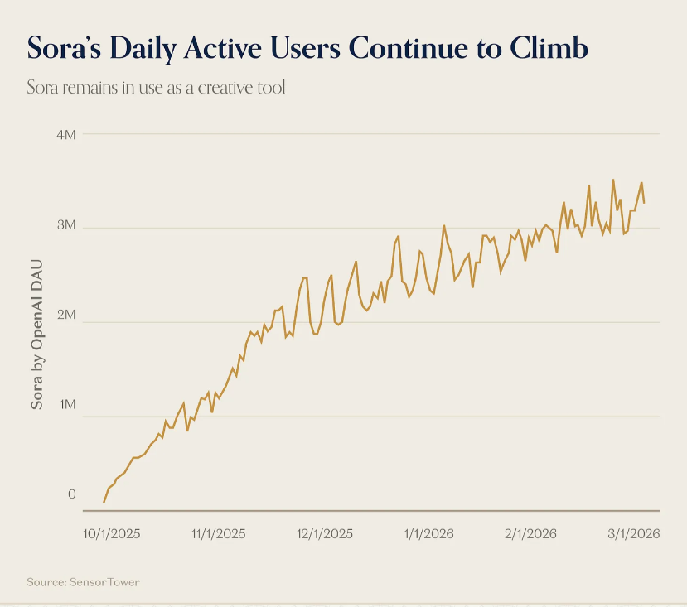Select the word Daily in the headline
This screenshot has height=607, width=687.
coord(152,47)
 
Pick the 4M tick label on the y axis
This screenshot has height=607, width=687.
coord(66,133)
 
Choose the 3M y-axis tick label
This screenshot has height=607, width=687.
coord(66,225)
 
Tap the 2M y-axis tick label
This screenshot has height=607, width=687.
coord(66,316)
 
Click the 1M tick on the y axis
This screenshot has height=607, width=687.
coord(66,406)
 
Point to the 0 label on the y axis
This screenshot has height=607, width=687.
coord(71,494)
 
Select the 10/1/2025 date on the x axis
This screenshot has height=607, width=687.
coord(112,534)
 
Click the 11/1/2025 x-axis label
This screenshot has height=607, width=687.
coord(218,534)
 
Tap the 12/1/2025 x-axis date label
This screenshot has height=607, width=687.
coord(324,534)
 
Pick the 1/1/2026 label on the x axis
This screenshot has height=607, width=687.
coord(428,534)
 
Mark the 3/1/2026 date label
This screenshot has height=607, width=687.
coord(632,534)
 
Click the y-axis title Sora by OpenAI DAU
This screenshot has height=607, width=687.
coord(37,336)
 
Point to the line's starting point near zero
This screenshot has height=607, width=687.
coord(104,502)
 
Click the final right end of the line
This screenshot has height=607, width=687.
coord(644,202)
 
